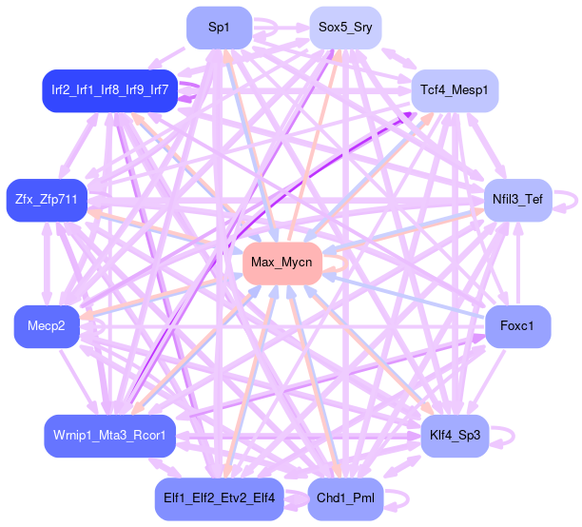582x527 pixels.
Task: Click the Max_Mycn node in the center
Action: pyautogui.click(x=282, y=262)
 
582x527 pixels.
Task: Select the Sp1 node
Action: pyautogui.click(x=218, y=27)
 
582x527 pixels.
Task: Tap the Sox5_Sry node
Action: pyautogui.click(x=344, y=27)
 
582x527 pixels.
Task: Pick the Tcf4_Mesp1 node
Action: pyautogui.click(x=454, y=90)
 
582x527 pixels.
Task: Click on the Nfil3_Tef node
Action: pyautogui.click(x=517, y=200)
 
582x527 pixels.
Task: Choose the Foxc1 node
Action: pyautogui.click(x=517, y=326)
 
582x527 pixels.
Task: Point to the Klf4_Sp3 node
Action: pyautogui.click(x=454, y=436)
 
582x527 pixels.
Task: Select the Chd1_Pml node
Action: pyautogui.click(x=344, y=498)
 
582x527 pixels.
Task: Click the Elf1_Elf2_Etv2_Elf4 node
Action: pyautogui.click(x=218, y=498)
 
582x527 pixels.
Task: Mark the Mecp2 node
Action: pyautogui.click(x=46, y=326)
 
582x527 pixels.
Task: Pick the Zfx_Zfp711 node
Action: pyautogui.click(x=46, y=200)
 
